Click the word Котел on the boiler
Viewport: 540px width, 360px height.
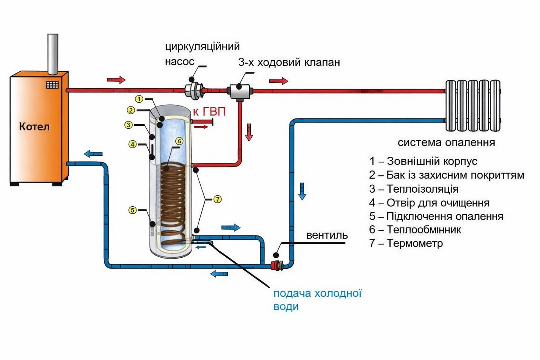pyautogui.click(x=34, y=127)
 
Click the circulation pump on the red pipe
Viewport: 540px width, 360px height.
pyautogui.click(x=193, y=90)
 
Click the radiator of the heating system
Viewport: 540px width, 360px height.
pyautogui.click(x=472, y=105)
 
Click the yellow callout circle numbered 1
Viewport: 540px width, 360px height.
pyautogui.click(x=139, y=99)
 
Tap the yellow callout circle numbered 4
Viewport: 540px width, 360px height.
pyautogui.click(x=132, y=144)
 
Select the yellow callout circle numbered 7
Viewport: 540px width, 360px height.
pyautogui.click(x=218, y=199)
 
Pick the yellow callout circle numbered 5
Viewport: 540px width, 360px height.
pyautogui.click(x=132, y=210)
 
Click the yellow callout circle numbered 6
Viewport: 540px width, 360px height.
pyautogui.click(x=179, y=141)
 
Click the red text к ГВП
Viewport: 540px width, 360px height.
pyautogui.click(x=209, y=112)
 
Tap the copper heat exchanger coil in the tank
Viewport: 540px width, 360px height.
pyautogui.click(x=172, y=200)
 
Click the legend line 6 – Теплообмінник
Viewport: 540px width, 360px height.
pyautogui.click(x=415, y=230)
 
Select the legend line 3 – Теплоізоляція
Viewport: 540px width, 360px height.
pyautogui.click(x=414, y=189)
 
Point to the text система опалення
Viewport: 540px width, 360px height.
pyautogui.click(x=446, y=142)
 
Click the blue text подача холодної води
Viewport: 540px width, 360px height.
pyautogui.click(x=317, y=300)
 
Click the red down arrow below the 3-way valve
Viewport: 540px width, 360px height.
pyautogui.click(x=249, y=132)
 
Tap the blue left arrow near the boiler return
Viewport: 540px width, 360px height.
pyautogui.click(x=93, y=154)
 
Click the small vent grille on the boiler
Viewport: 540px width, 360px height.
pyautogui.click(x=52, y=85)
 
